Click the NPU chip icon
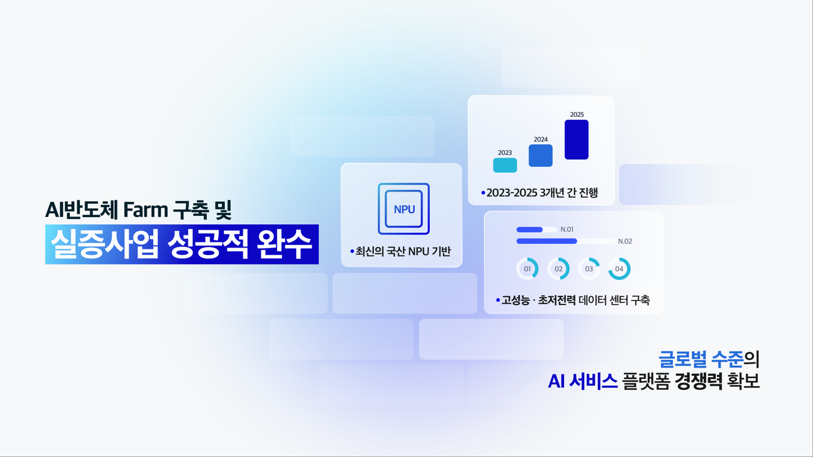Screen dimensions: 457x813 coord(403,209)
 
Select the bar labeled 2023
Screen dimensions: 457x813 coord(505,165)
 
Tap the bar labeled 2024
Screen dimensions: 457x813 coord(541,156)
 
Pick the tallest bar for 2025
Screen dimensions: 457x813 coord(577,140)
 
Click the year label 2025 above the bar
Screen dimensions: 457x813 coord(577,114)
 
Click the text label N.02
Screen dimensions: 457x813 coord(625,241)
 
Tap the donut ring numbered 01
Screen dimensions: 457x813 coord(527,268)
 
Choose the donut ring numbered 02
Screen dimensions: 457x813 coord(558,268)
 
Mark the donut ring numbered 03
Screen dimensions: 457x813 coord(589,268)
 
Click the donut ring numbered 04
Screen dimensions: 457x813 coord(619,268)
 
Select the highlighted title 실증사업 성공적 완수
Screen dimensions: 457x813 coord(181,244)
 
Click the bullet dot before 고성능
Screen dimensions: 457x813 coord(498,300)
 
